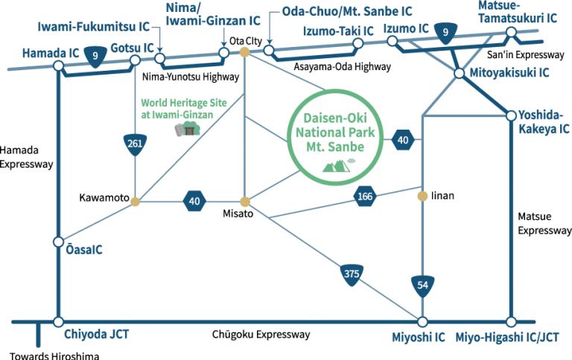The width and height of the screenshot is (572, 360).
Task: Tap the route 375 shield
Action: click(x=352, y=273)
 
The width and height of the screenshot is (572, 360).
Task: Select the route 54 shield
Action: click(x=422, y=285)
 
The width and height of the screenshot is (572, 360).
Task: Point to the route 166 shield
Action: click(x=365, y=197)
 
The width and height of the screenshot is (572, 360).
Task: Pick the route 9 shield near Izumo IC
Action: click(x=445, y=32)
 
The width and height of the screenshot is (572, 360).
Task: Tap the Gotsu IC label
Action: click(x=132, y=48)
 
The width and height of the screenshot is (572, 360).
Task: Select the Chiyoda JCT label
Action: click(x=97, y=335)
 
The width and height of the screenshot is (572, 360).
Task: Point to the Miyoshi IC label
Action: click(x=418, y=337)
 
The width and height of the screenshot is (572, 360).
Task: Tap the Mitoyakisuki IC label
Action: click(x=509, y=73)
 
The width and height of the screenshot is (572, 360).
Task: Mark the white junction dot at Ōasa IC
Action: click(x=58, y=242)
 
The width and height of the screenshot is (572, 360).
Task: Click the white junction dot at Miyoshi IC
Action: click(x=422, y=322)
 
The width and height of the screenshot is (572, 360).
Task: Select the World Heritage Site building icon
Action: click(x=188, y=130)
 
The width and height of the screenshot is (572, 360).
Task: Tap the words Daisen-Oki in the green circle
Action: click(x=336, y=117)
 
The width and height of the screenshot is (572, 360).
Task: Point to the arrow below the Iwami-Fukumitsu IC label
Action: click(x=159, y=46)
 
